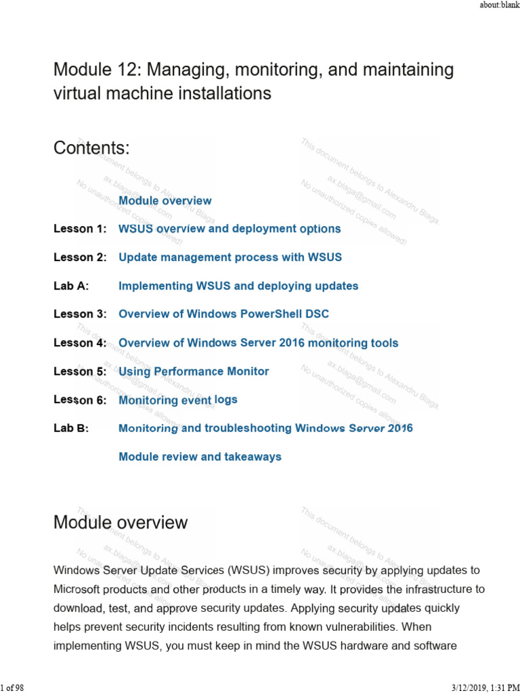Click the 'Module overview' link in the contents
165,200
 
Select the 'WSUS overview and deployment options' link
230,229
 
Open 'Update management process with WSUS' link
230,257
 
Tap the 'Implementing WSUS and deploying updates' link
238,286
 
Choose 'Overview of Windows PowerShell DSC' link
223,314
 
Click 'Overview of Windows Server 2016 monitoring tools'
258,343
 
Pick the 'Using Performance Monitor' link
194,372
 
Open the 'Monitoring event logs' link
178,400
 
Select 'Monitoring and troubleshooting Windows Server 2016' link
265,428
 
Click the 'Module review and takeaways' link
200,457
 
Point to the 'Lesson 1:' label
80,229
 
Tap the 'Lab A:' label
71,286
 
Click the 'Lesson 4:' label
80,343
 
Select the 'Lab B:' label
71,428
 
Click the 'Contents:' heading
91,148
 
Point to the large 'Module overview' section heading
121,522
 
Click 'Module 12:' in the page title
95,70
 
